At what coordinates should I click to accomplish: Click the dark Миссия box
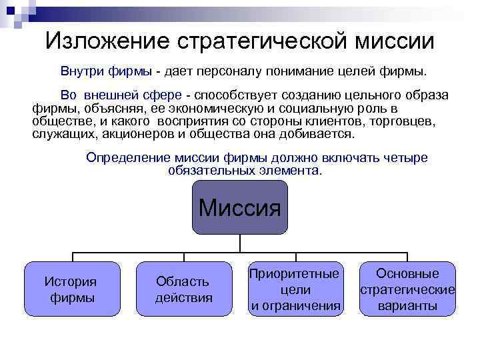click(x=240, y=207)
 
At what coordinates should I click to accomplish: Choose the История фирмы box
click(x=72, y=289)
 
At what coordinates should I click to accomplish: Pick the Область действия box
click(x=183, y=289)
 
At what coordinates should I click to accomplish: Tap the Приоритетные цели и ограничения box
click(x=295, y=289)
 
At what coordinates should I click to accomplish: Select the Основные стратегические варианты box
click(x=407, y=289)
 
